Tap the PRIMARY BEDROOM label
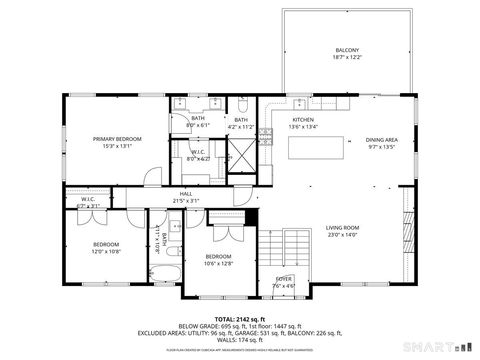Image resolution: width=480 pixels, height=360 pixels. click(117, 139)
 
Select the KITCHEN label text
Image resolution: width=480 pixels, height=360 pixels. click(303, 119)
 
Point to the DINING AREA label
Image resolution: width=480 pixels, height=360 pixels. click(382, 140)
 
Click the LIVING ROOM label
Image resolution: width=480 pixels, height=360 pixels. click(343, 228)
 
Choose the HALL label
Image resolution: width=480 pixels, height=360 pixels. click(186, 194)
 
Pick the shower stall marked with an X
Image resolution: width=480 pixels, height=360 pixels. click(241, 157)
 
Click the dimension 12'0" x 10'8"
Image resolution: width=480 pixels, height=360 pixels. click(106, 251)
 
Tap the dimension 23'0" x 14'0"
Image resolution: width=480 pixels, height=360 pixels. click(343, 235)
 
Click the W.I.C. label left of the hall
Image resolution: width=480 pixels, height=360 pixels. click(86, 200)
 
